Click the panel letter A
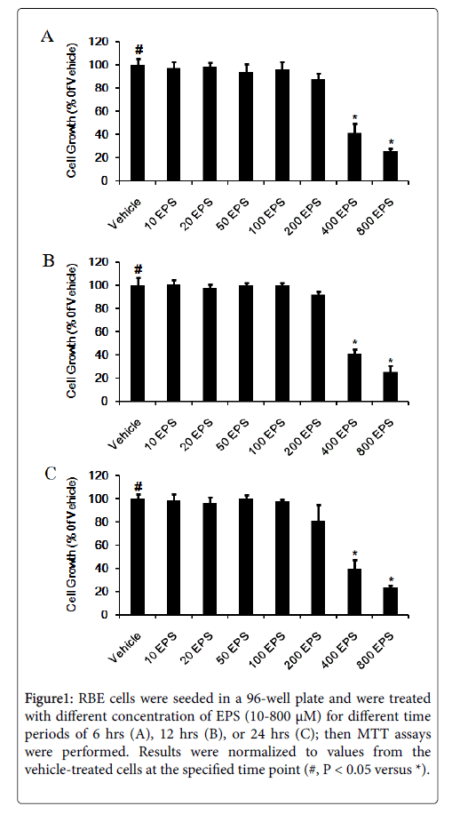click(x=47, y=36)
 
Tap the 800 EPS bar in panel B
click(x=391, y=387)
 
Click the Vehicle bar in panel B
click(x=138, y=343)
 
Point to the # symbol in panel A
click(x=139, y=50)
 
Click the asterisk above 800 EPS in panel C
click(x=391, y=580)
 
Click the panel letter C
click(x=50, y=474)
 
